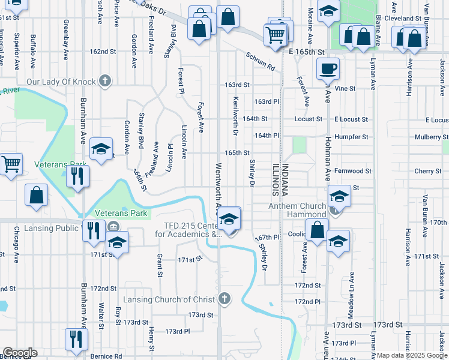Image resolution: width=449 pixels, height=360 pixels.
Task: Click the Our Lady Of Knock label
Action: (x=62, y=81)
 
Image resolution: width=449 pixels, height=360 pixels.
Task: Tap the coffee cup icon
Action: (x=327, y=68)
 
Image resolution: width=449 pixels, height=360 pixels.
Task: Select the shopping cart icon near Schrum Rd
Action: (x=276, y=34)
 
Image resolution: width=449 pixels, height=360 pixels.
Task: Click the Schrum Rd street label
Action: (x=259, y=61)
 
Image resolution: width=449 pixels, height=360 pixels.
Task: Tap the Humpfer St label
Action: (x=351, y=137)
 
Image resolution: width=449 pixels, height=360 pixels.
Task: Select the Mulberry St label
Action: (x=427, y=137)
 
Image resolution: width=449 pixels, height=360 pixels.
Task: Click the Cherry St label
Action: (x=427, y=171)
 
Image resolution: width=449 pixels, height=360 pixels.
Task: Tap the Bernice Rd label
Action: (x=106, y=356)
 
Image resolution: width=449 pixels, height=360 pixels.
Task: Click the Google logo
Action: (x=20, y=353)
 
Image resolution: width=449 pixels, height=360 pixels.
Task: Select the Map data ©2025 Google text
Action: (x=411, y=356)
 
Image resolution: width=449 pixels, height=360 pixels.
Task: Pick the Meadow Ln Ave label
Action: (x=352, y=295)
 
